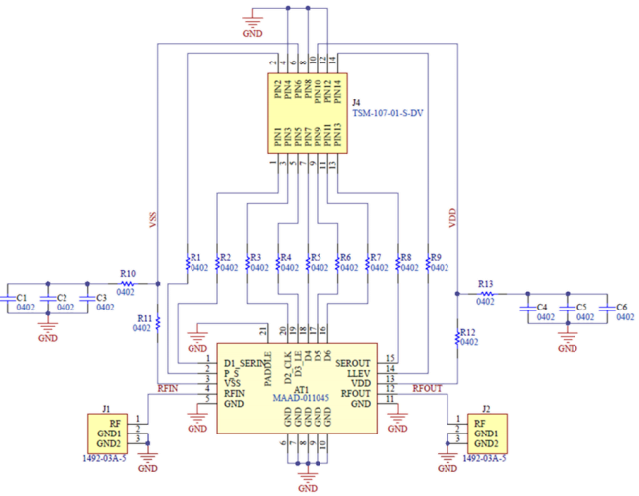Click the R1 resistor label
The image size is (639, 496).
pos(196,256)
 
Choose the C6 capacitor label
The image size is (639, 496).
pos(622,308)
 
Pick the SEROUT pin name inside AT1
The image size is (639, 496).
pos(353,362)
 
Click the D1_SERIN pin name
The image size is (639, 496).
pos(245,362)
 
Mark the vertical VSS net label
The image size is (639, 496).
pos(152,220)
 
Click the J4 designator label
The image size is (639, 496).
pos(355,102)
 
